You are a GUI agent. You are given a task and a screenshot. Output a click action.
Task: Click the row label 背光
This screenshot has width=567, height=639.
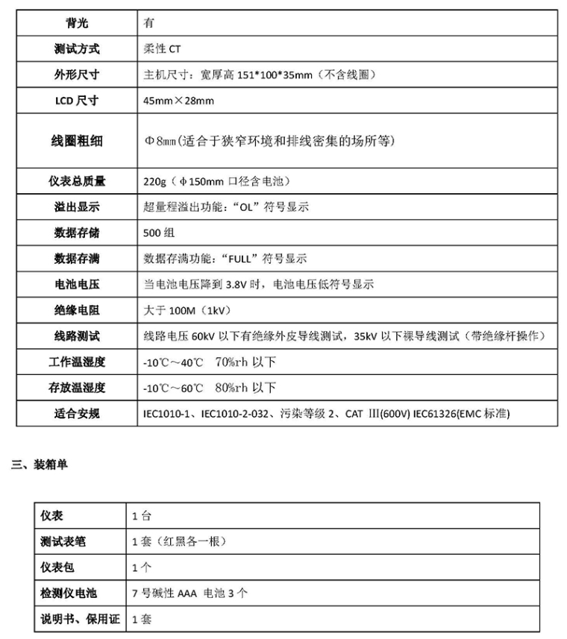(77, 22)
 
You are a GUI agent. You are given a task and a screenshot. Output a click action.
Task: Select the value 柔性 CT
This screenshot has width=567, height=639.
(162, 49)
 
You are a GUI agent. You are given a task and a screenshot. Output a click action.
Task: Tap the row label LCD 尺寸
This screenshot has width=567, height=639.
(77, 101)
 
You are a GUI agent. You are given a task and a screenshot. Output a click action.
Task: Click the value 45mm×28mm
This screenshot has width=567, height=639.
(178, 101)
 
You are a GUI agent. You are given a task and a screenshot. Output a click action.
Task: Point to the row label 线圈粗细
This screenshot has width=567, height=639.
(77, 140)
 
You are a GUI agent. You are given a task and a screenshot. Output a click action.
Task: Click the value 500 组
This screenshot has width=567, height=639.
(158, 233)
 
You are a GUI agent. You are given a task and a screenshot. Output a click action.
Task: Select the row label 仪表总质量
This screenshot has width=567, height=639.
(77, 181)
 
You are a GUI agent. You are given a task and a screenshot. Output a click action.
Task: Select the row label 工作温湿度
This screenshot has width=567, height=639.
(77, 362)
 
